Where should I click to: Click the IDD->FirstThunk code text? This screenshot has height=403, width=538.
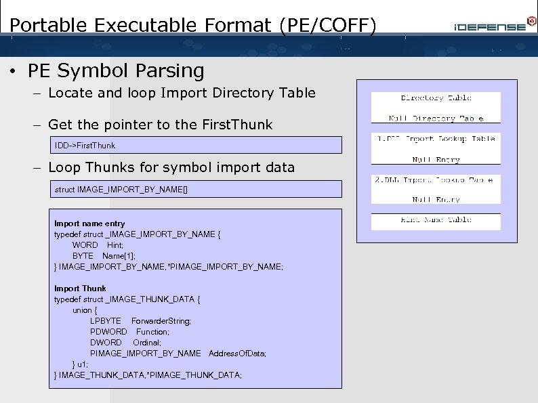85,145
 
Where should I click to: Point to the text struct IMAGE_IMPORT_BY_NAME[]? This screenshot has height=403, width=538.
121,190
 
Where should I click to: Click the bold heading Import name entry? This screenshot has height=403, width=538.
89,224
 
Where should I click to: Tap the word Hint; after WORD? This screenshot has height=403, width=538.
115,245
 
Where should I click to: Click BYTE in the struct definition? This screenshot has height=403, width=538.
83,256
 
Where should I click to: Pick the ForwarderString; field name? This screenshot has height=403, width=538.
161,321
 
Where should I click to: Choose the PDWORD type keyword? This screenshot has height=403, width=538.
108,332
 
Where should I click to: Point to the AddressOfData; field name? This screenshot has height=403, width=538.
237,354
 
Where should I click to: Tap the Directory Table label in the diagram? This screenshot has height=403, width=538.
436,98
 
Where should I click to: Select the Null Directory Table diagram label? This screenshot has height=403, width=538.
436,119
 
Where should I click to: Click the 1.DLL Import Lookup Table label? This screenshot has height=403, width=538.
436,139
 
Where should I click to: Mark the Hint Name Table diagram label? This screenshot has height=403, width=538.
436,220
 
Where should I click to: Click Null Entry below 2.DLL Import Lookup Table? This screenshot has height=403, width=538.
436,200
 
